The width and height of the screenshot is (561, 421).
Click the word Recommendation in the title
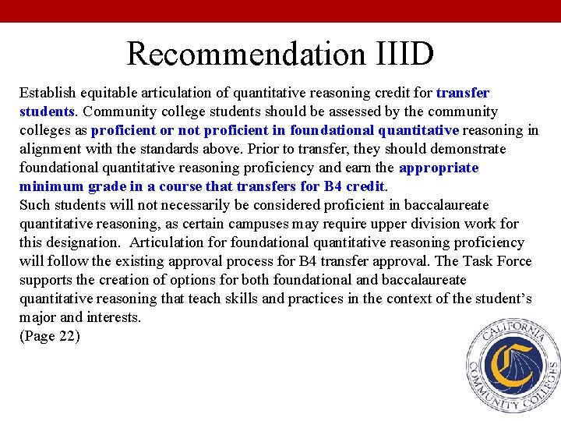(x=245, y=54)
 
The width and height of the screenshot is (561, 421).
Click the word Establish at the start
(x=47, y=93)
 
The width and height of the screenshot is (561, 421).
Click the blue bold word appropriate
(x=439, y=168)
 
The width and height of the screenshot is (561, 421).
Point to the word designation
(x=86, y=242)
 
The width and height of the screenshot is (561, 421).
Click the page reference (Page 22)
(x=49, y=336)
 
